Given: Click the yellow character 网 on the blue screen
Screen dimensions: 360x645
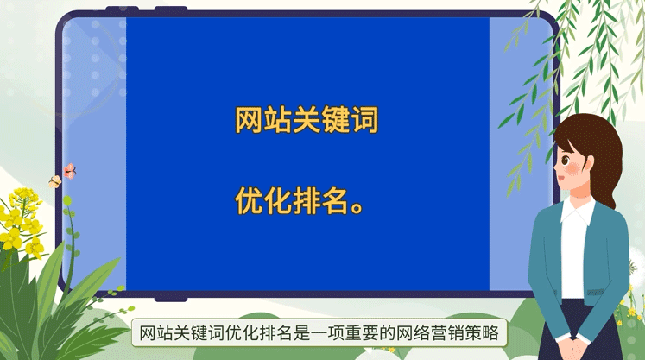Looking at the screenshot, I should point(250,120).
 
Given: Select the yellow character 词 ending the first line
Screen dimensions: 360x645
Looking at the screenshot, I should point(364,120).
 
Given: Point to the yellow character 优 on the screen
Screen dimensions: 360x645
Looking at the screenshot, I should point(250,200).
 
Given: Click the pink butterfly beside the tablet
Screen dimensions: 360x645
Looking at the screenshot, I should point(70,170).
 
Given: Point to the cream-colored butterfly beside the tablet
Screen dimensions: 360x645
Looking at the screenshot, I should point(55,181).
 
